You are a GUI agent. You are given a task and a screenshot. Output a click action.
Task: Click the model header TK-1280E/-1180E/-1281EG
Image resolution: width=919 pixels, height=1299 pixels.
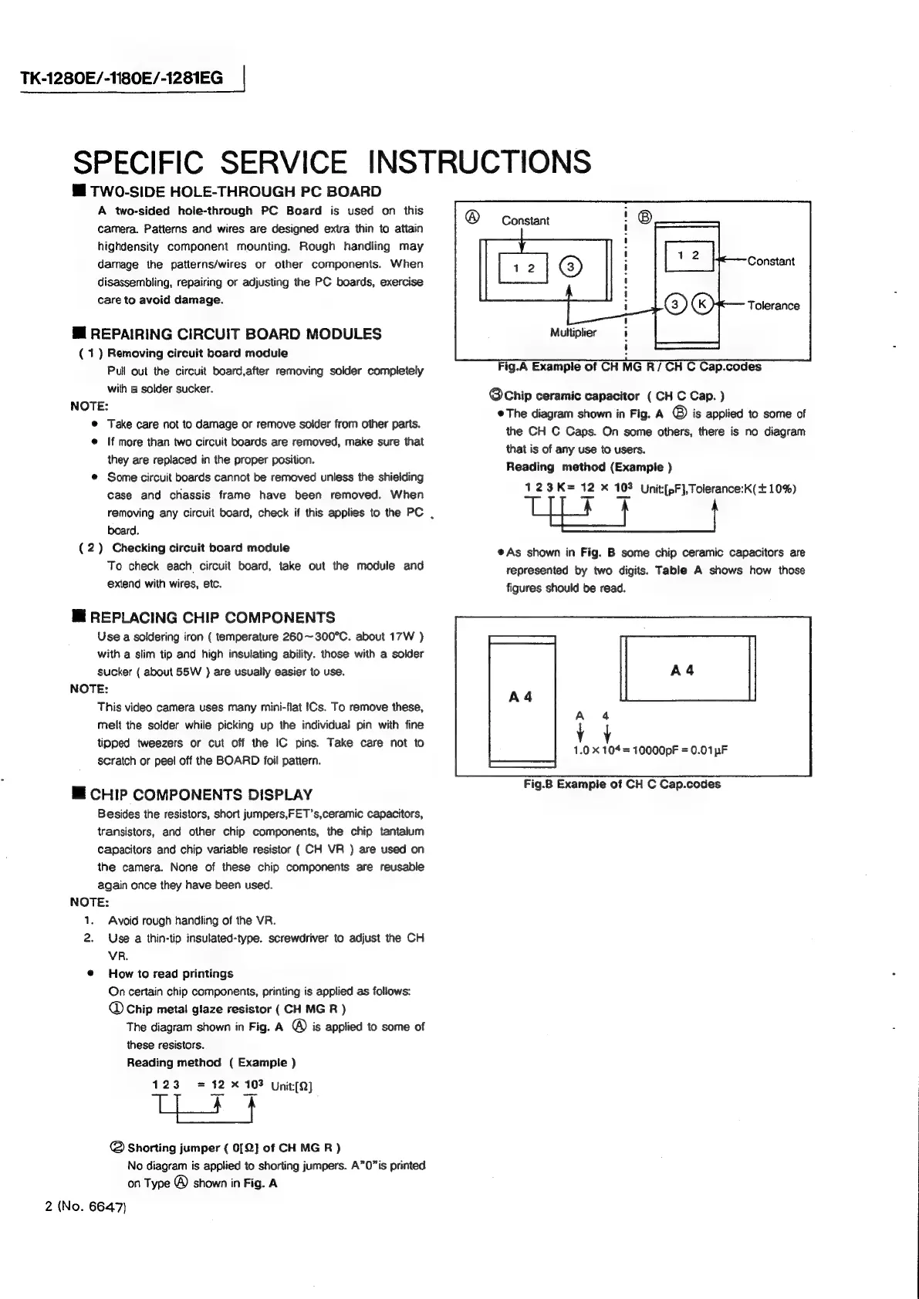pos(121,78)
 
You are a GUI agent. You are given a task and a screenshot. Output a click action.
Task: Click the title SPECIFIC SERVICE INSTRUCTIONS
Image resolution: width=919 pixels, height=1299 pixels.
pos(332,162)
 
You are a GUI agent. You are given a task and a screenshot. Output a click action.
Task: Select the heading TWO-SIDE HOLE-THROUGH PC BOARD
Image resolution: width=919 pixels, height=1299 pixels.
pos(235,192)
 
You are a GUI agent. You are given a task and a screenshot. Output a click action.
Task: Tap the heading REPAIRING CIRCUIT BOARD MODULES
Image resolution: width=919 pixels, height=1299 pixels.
pos(235,334)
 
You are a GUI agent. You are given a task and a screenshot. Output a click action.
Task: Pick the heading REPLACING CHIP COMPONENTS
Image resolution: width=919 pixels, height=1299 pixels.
pos(212,617)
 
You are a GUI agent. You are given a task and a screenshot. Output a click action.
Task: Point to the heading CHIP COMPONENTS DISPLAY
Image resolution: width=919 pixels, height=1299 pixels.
pos(201,795)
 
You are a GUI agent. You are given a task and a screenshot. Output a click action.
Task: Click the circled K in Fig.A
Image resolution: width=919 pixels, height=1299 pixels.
pos(703,304)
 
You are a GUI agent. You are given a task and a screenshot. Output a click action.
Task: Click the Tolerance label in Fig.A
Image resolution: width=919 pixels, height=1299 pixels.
pos(773,306)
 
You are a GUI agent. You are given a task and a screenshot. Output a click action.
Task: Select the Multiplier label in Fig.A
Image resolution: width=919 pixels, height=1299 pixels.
pos(573,333)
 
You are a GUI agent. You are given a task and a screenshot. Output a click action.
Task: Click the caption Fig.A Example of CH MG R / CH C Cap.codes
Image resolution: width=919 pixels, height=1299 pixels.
pos(630,367)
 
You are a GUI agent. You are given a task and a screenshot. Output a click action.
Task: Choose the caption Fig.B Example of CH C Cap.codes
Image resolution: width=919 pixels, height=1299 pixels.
pos(622,784)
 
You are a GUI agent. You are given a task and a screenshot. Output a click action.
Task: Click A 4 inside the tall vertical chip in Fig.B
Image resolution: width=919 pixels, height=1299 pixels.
pos(521,697)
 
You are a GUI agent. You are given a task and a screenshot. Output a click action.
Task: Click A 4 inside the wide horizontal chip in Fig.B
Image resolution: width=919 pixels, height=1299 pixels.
pos(682,671)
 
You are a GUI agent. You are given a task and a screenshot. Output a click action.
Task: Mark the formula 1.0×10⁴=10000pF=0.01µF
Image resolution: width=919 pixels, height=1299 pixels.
pos(650,750)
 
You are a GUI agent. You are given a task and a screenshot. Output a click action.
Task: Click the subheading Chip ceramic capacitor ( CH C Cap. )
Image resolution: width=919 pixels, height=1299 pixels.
pos(607,396)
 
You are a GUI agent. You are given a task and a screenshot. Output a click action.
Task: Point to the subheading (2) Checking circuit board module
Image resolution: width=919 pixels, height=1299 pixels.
pos(185,548)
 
